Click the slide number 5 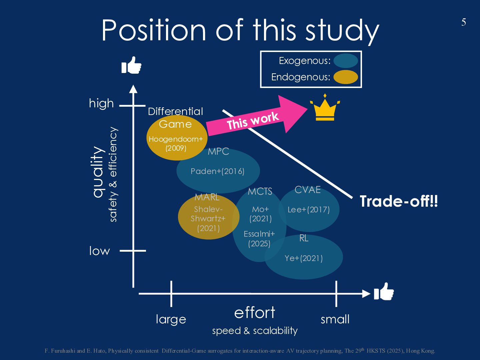click(463, 22)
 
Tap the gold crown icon click(324, 108)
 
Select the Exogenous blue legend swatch click(346, 61)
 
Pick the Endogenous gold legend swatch click(346, 77)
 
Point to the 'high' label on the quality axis click(101, 103)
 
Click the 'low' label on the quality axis click(99, 251)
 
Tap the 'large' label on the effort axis click(171, 319)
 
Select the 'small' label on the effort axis click(335, 319)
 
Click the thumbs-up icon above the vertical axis click(131, 65)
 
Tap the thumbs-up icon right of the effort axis click(384, 292)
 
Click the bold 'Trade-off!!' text click(399, 201)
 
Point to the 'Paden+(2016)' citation click(217, 171)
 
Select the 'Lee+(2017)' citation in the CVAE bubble click(309, 210)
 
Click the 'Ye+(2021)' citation click(304, 258)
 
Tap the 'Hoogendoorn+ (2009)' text click(176, 143)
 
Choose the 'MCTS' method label click(260, 191)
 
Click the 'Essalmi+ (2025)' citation click(259, 239)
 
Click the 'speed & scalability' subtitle click(255, 331)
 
